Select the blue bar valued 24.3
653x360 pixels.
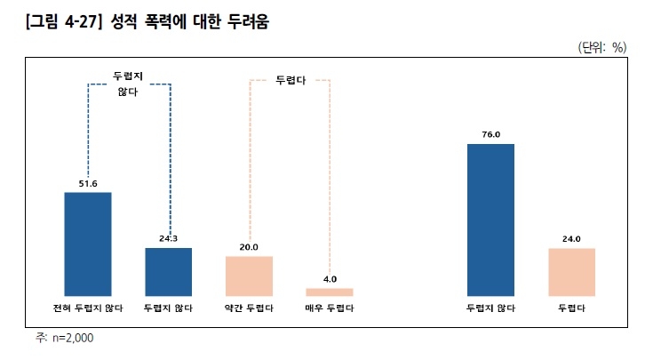[x=169, y=271]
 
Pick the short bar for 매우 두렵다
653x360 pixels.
[x=330, y=292]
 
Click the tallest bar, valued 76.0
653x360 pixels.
[x=490, y=219]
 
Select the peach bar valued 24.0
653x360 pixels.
[x=571, y=271]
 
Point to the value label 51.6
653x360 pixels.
[x=88, y=183]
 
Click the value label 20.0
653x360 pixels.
[x=249, y=248]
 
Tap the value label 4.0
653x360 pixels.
[x=330, y=279]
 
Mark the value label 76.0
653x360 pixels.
[x=490, y=135]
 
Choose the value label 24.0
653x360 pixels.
[x=571, y=239]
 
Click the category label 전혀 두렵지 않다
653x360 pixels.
[x=88, y=308]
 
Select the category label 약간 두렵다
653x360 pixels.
[x=249, y=308]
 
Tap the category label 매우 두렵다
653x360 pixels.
[x=330, y=308]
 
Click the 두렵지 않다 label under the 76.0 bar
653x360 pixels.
[x=490, y=308]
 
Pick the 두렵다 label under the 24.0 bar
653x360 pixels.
[x=571, y=308]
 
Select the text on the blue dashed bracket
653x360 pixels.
[x=128, y=84]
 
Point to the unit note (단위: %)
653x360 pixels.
[x=602, y=47]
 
